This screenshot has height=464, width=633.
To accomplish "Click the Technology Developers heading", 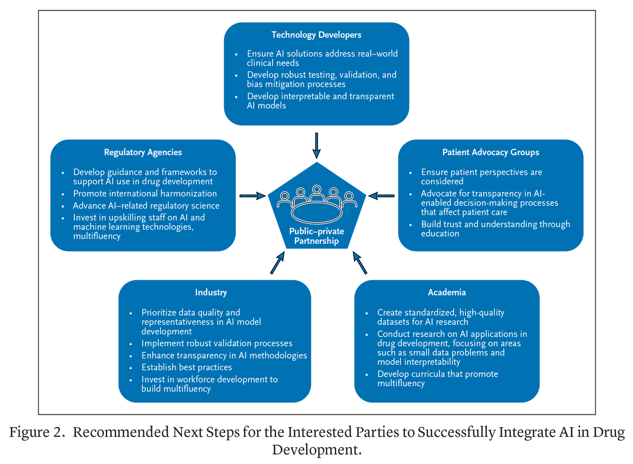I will pyautogui.click(x=316, y=35).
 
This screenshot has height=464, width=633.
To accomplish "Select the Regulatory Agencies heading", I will pyautogui.click(x=143, y=152).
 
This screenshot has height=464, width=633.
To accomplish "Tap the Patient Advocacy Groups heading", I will pyautogui.click(x=491, y=152).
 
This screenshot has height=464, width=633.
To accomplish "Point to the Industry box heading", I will pyautogui.click(x=210, y=292).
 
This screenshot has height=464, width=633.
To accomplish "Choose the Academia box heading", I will pyautogui.click(x=447, y=292).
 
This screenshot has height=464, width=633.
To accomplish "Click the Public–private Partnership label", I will pyautogui.click(x=316, y=236).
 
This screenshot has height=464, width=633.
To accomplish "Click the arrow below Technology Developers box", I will pyautogui.click(x=316, y=145).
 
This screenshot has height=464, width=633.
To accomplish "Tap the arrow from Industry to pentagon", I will pyautogui.click(x=277, y=263).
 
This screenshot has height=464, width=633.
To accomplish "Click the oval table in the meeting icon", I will pyautogui.click(x=316, y=213).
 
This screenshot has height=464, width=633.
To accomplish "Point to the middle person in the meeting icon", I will pyautogui.click(x=316, y=193).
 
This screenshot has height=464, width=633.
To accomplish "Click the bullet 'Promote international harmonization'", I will pyautogui.click(x=145, y=194).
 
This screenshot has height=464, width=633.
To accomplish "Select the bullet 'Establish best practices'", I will pyautogui.click(x=187, y=367).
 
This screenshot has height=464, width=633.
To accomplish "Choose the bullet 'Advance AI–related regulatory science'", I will pyautogui.click(x=146, y=205).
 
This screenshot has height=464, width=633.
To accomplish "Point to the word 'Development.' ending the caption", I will pyautogui.click(x=317, y=449).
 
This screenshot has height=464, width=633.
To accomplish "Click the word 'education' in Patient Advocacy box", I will pyautogui.click(x=440, y=234).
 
